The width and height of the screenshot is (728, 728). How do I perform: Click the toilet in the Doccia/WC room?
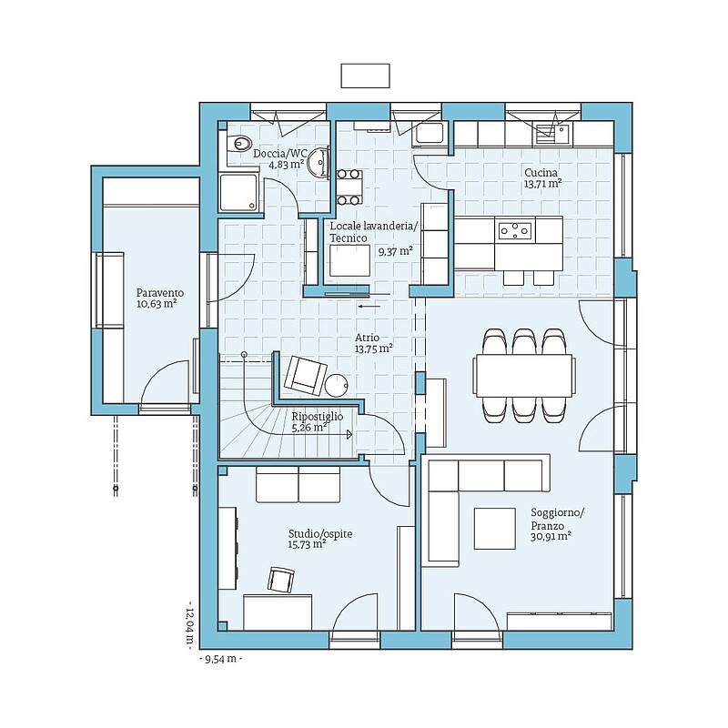(x=239, y=143)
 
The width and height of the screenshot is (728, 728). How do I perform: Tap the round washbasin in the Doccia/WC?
(x=318, y=163)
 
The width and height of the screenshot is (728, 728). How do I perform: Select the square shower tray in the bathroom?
(x=238, y=193)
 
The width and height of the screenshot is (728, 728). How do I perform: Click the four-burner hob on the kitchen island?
(x=514, y=230)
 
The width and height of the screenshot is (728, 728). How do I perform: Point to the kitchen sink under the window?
(x=552, y=133)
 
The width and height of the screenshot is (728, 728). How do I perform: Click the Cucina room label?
(x=541, y=173)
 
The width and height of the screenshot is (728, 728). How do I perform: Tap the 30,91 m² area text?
(x=551, y=536)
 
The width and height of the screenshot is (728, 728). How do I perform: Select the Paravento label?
(x=160, y=293)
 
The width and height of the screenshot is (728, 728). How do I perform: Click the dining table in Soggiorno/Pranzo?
(x=523, y=375)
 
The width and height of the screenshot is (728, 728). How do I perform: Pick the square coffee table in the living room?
(x=494, y=529)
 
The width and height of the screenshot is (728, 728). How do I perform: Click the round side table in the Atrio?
(x=336, y=385)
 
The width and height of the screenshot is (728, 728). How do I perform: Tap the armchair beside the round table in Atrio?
(x=305, y=375)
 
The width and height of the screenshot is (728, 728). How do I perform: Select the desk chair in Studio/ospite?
(x=281, y=580)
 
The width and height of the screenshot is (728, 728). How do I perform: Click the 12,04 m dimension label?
(x=189, y=625)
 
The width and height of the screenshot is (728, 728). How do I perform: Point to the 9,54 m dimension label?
(x=221, y=658)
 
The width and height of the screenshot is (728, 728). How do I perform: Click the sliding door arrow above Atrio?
(x=369, y=306)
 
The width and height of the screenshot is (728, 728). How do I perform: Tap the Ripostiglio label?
(x=318, y=417)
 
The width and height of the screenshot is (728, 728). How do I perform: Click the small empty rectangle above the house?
(x=366, y=76)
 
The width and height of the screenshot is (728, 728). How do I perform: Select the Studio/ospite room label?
(x=320, y=534)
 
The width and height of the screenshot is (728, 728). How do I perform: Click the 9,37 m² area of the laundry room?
(x=396, y=251)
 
